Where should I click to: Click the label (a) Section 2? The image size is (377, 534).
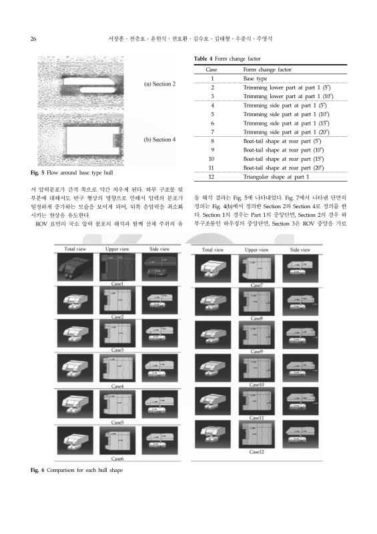coord(160,85)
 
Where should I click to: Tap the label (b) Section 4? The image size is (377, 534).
coord(160,140)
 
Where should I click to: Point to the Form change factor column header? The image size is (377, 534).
coord(267,69)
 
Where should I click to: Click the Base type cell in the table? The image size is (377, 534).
coord(256,78)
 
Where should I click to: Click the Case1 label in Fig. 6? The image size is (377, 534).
coord(117,284)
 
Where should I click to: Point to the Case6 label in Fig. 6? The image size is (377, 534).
coord(117,459)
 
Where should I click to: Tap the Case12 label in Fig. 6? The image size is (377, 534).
coord(256,452)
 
